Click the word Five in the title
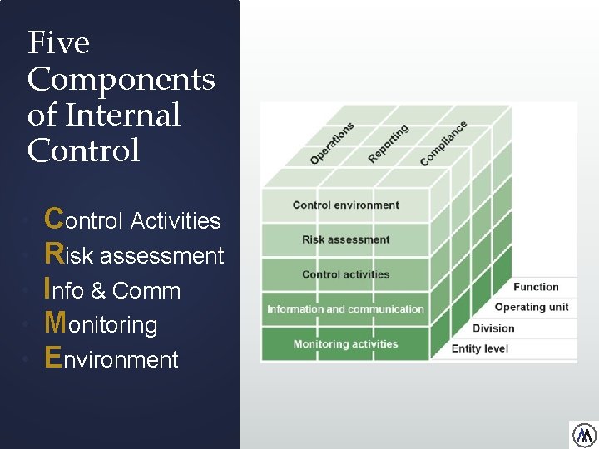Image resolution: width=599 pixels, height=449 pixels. (58, 42)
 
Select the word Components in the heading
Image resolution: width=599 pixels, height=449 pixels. (121, 80)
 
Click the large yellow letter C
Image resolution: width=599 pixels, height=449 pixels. (54, 219)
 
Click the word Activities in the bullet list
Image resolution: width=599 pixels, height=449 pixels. (176, 221)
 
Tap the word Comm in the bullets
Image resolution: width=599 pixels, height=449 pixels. (146, 291)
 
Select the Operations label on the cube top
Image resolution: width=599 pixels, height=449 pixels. (332, 142)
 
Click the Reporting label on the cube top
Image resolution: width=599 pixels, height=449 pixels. (388, 143)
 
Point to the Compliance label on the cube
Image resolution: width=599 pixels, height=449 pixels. (443, 142)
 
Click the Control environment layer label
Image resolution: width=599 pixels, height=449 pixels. (345, 205)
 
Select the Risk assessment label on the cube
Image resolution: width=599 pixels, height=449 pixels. (345, 239)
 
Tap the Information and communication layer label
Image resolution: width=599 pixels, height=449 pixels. (345, 309)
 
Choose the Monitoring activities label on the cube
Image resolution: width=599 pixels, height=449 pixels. (345, 344)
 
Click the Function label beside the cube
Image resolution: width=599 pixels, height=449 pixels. (536, 287)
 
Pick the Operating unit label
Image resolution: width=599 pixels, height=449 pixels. (532, 307)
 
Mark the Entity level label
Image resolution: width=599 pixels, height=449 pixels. (479, 348)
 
